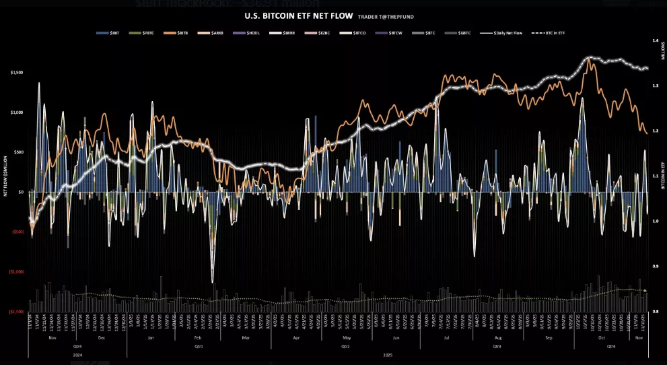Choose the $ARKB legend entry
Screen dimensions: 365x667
(218, 32)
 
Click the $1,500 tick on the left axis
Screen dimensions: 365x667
(17, 72)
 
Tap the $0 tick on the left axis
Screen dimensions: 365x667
(21, 192)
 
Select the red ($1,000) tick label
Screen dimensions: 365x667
(17, 272)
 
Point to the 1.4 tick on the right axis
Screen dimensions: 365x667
(654, 41)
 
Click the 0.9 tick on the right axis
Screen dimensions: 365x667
(654, 267)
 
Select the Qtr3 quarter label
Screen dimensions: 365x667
(497, 346)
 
